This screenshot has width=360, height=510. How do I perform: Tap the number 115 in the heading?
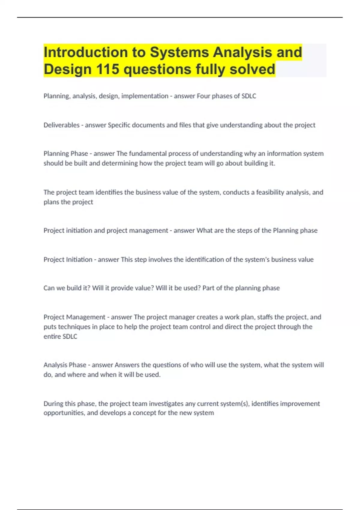tap(107, 69)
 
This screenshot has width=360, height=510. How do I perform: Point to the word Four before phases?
tap(203, 96)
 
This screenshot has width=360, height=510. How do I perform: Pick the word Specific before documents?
tap(119, 125)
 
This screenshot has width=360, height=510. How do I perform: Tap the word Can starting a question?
tap(49, 288)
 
